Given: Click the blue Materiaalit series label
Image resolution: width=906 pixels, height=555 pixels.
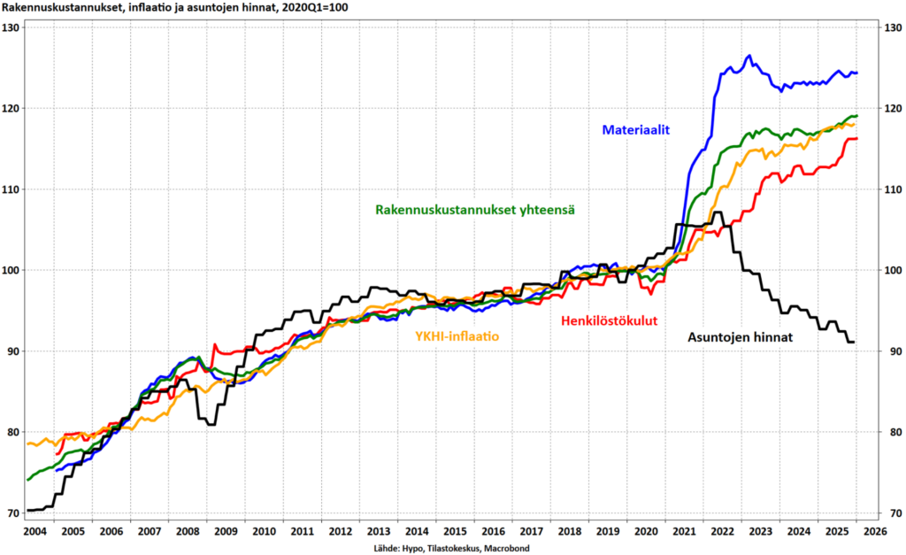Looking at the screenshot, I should point(636,130).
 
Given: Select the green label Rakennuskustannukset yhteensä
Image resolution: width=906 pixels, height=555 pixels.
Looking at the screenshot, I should point(475,210).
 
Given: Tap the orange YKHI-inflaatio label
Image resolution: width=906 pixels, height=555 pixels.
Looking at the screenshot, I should point(457,336).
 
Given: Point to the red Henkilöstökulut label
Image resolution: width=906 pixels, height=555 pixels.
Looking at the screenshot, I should point(609,320).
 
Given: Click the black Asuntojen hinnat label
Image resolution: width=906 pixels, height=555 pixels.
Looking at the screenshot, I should point(741,337).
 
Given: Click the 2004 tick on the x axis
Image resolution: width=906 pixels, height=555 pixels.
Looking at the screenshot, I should point(35,531).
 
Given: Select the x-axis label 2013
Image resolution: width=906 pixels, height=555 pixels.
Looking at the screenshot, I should point(378,531).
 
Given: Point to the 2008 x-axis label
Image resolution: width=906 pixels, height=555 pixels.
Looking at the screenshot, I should point(188,531).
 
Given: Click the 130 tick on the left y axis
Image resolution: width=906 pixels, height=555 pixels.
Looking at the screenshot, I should point(12,27).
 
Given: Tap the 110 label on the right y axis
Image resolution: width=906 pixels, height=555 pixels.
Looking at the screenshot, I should point(892,189).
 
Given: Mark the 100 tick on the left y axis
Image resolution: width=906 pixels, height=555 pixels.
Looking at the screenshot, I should point(12,270).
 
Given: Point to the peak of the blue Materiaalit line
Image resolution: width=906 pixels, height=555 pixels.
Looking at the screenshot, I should point(749,56).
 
